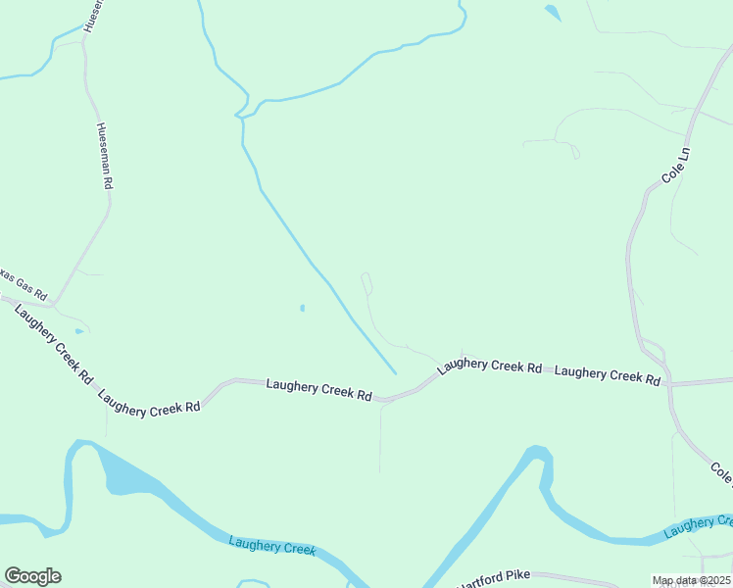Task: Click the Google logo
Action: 32,576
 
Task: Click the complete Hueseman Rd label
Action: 105,156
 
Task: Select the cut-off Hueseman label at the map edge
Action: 92,17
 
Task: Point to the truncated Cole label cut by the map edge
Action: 722,474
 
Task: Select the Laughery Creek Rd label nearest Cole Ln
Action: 607,374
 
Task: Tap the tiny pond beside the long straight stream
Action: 302,309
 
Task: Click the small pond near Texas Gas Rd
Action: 78,331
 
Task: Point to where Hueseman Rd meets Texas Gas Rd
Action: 54,301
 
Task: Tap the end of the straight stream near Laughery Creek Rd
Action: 396,373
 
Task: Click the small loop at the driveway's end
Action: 366,282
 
